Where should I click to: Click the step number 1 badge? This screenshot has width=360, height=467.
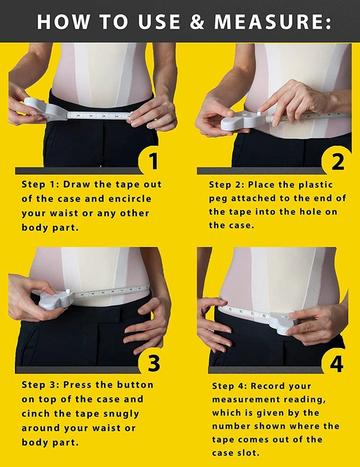pos(154,161)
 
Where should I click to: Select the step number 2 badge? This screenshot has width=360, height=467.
pos(337,161)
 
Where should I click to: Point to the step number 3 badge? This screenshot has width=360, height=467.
pos(154,363)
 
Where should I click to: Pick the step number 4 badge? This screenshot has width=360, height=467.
pos(337,363)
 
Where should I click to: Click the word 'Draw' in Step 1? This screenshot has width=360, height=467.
pos(77,184)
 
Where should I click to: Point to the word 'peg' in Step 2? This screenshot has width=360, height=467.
pos(218,198)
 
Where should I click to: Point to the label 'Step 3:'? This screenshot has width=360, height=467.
pos(38,385)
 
